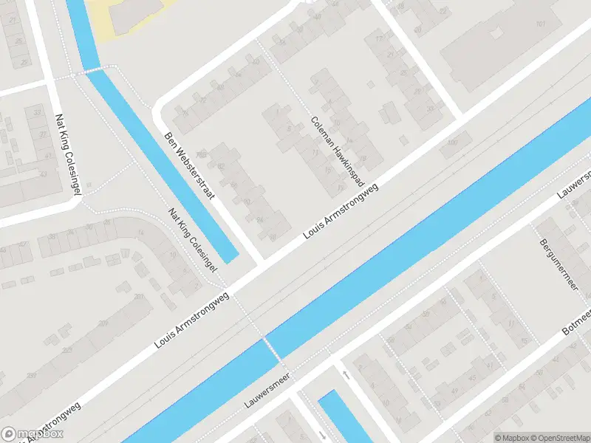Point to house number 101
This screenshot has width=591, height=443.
pyautogui.click(x=541, y=24)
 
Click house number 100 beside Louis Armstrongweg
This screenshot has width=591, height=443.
pyautogui.click(x=451, y=142)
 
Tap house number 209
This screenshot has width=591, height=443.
pyautogui.click(x=104, y=323)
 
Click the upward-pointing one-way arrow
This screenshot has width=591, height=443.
pyautogui.click(x=346, y=374)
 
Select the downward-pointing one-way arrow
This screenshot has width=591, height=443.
pyautogui.click(x=323, y=434)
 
